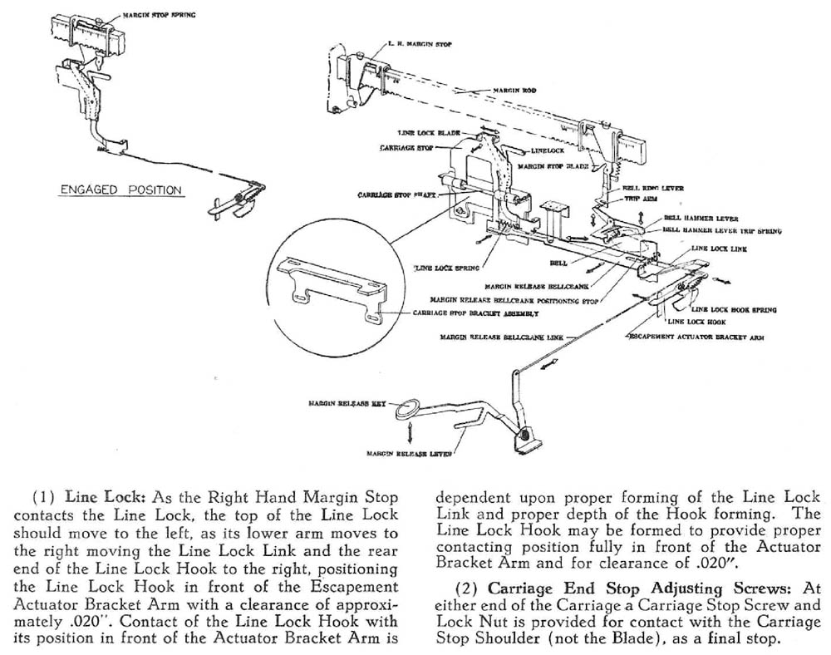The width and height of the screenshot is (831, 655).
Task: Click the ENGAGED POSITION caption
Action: [x=120, y=190]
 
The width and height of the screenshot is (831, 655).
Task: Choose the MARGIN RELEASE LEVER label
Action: [x=406, y=454]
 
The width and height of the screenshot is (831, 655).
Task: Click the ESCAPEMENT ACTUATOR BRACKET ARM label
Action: [x=695, y=337]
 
